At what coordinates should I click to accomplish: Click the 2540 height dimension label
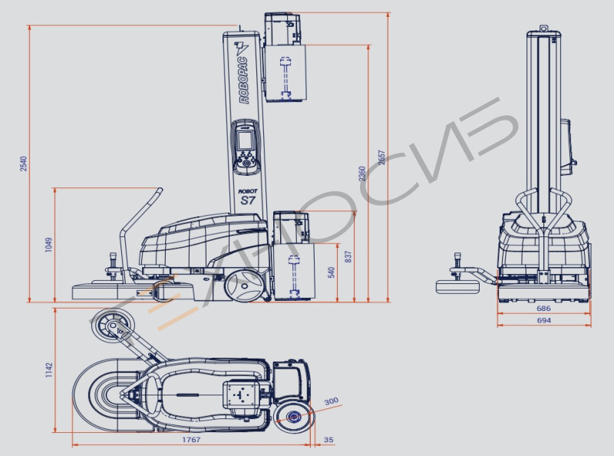(x=24, y=164)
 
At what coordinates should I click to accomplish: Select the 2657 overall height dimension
(x=381, y=157)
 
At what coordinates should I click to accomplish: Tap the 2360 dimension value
(x=362, y=173)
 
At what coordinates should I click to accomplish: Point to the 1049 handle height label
(x=48, y=245)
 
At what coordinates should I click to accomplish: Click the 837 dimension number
(x=349, y=256)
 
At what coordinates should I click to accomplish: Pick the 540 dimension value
(x=332, y=273)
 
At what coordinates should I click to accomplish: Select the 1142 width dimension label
(x=48, y=370)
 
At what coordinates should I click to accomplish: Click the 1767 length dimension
(x=191, y=440)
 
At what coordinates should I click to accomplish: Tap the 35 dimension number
(x=328, y=440)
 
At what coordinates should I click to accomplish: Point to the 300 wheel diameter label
(x=332, y=401)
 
